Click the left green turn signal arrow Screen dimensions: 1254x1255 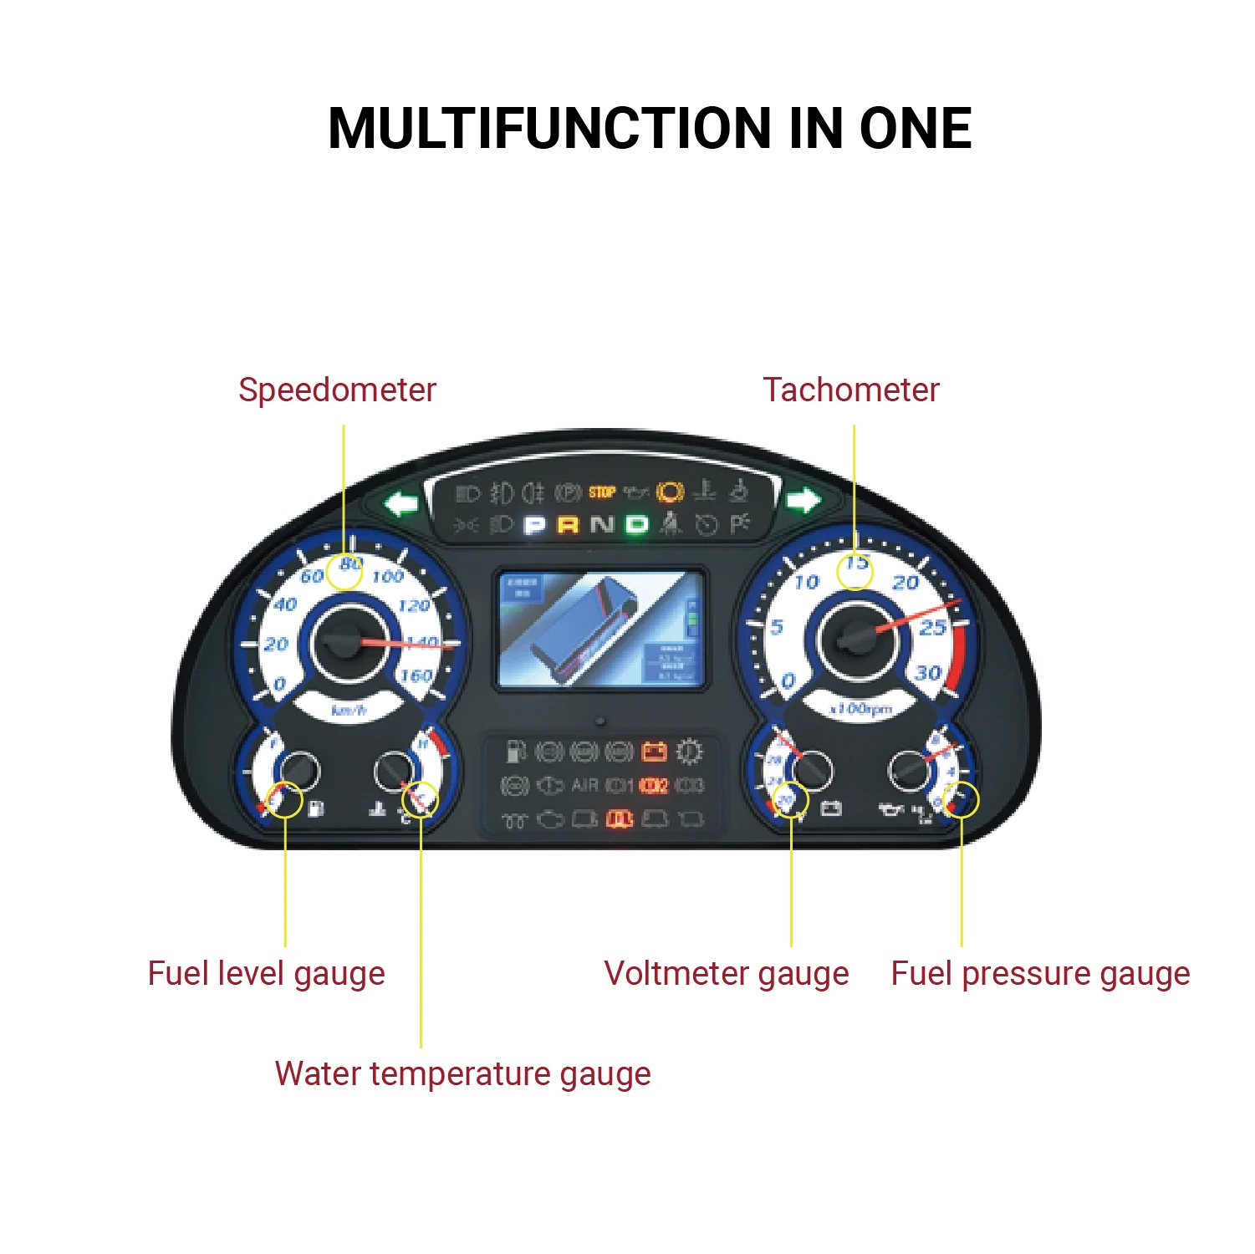pos(402,504)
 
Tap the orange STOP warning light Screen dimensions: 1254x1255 pos(601,492)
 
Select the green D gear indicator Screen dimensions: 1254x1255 pos(637,525)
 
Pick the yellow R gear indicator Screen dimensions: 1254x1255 pos(568,525)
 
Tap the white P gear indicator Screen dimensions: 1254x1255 pos(534,525)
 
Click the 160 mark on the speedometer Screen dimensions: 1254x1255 pos(416,675)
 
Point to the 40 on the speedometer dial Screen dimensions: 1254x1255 pos(285,604)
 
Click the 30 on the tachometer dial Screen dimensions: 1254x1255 pos(928,673)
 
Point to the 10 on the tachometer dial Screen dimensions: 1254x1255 pos(807,583)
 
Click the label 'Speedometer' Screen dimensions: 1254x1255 pos(337,390)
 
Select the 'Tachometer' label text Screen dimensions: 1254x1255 pos(851,390)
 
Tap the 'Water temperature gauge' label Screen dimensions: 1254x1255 pos(462,1073)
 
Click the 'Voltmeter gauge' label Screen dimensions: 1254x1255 pos(726,974)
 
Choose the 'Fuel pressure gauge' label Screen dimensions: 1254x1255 pos(1040,974)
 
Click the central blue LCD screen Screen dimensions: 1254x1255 pos(600,630)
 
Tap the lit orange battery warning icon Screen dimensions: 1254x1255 pos(654,752)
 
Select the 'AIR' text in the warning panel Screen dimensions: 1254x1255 pos(584,786)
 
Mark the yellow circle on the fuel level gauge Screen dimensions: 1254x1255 pos(284,800)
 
